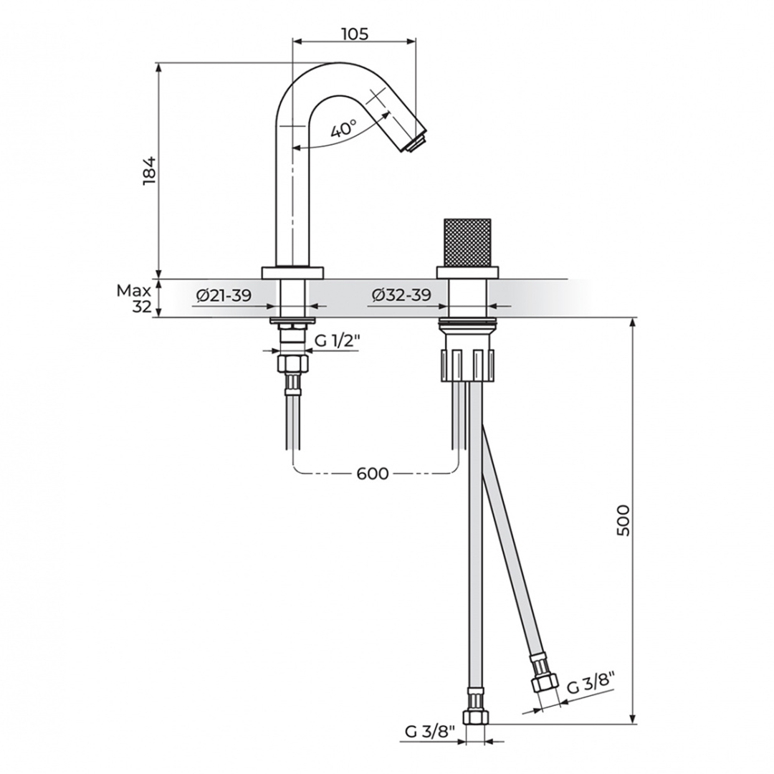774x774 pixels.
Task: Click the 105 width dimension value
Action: point(355,34)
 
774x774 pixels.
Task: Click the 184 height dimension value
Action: point(149,171)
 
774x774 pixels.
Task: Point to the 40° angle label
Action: point(343,129)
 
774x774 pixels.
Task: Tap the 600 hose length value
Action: point(372,474)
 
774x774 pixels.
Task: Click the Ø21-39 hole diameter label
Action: point(224,295)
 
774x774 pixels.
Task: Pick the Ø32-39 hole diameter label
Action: point(401,295)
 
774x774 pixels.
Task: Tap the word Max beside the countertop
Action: point(134,291)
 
